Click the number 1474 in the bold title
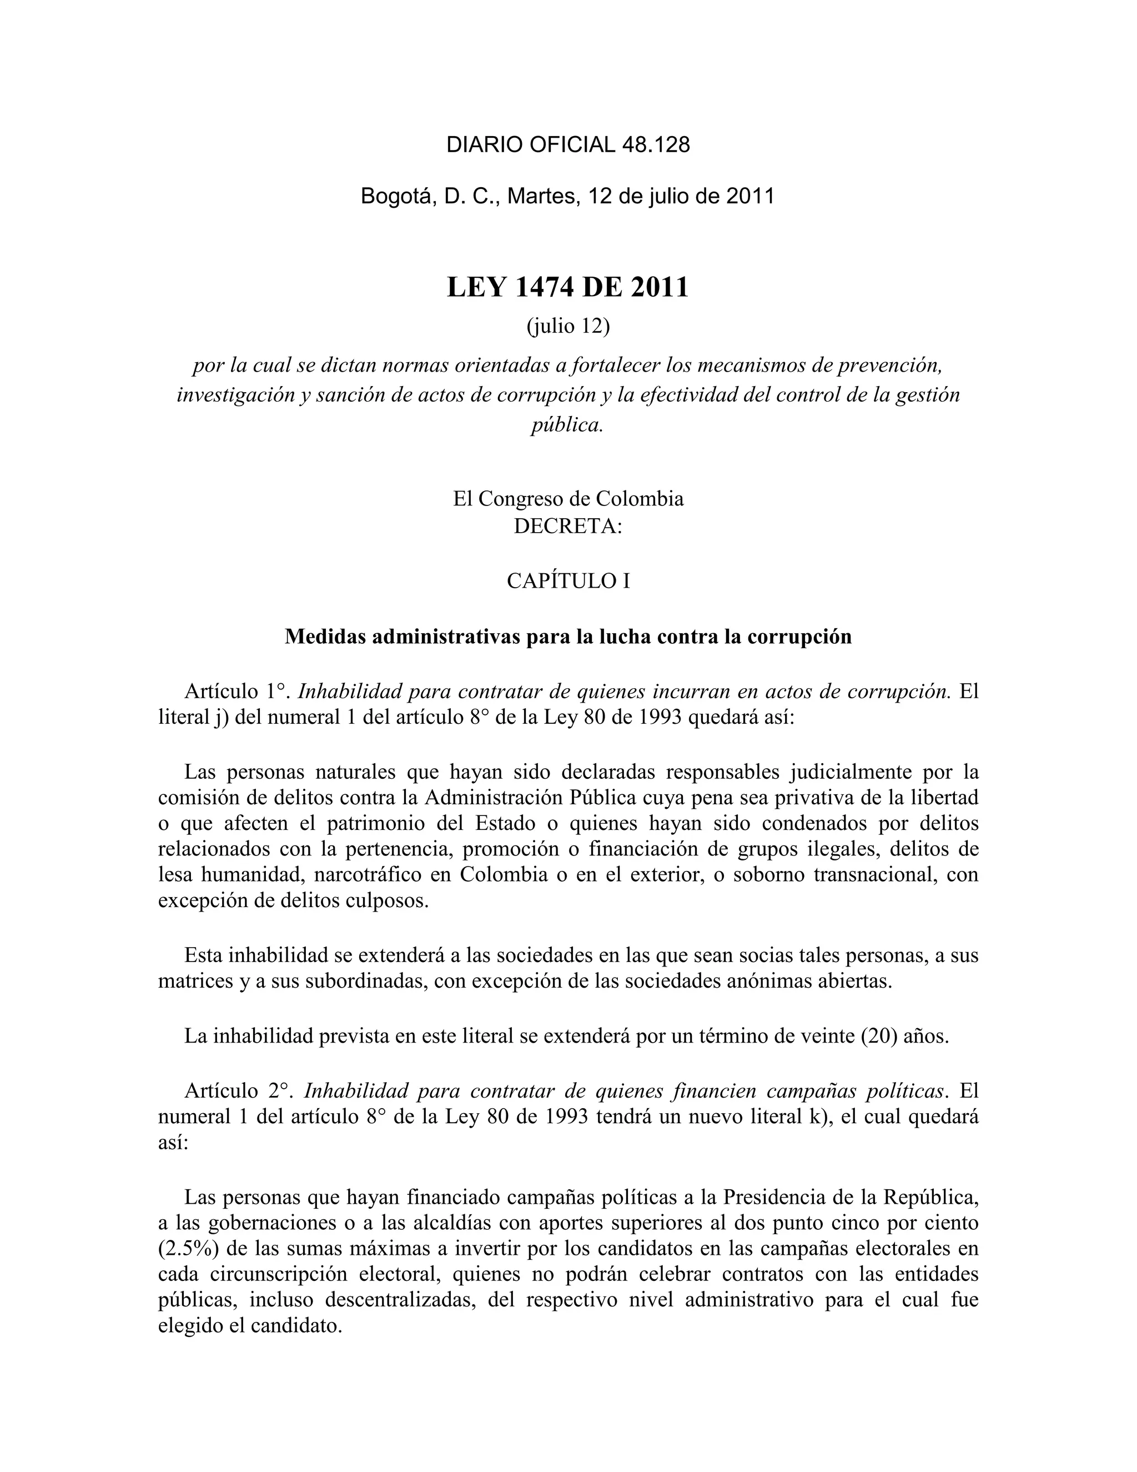click(x=544, y=288)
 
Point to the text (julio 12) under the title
click(x=568, y=326)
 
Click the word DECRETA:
click(x=568, y=525)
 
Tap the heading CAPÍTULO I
click(x=568, y=581)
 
